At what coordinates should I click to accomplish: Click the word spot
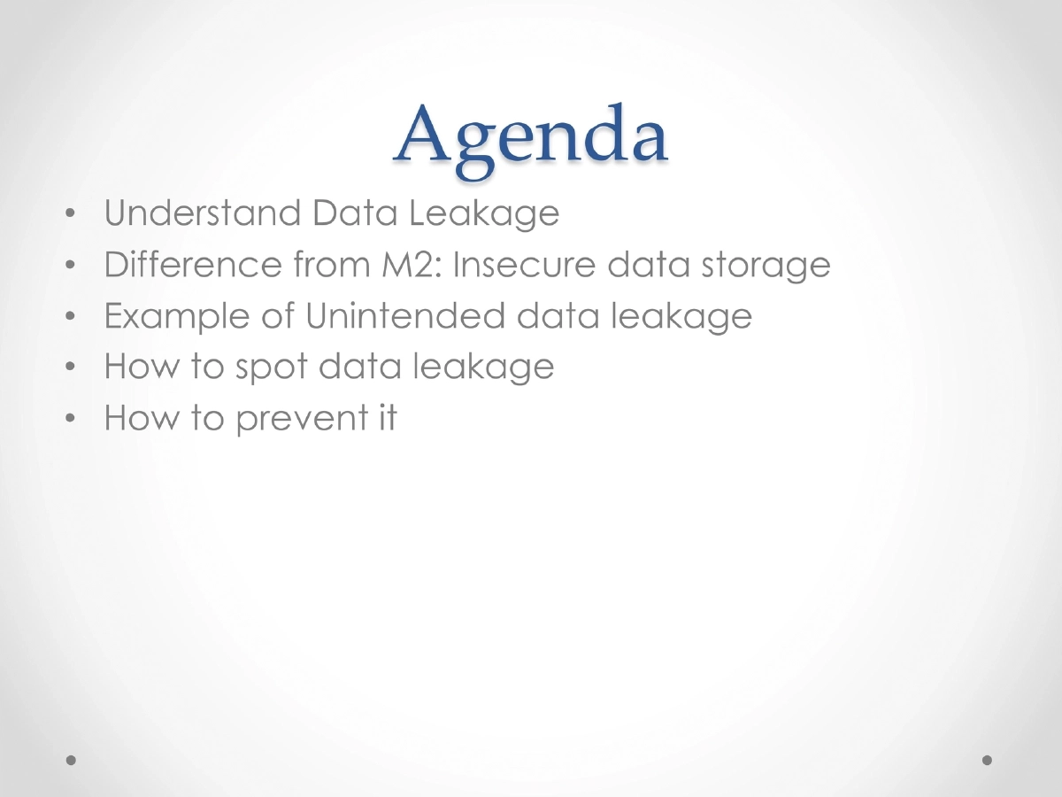(x=271, y=368)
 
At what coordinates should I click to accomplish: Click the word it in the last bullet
(x=387, y=417)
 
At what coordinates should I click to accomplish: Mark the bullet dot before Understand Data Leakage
(x=70, y=215)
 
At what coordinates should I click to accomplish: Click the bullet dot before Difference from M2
(x=70, y=266)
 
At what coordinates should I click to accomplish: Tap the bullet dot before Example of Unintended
(x=70, y=317)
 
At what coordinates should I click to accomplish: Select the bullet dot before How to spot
(x=70, y=368)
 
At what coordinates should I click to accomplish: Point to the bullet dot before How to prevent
(x=70, y=419)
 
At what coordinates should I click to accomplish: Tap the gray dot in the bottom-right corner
(x=988, y=760)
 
